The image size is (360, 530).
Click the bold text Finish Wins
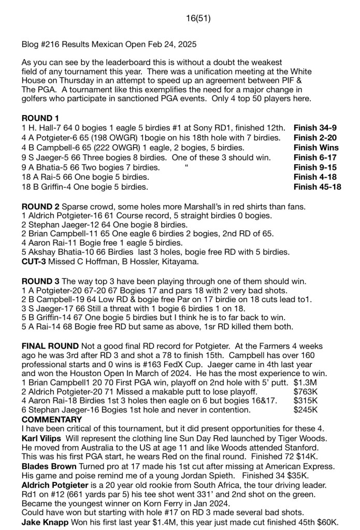tap(316, 148)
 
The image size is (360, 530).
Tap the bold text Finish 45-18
tap(317, 187)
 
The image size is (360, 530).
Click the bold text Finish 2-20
tap(315, 138)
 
